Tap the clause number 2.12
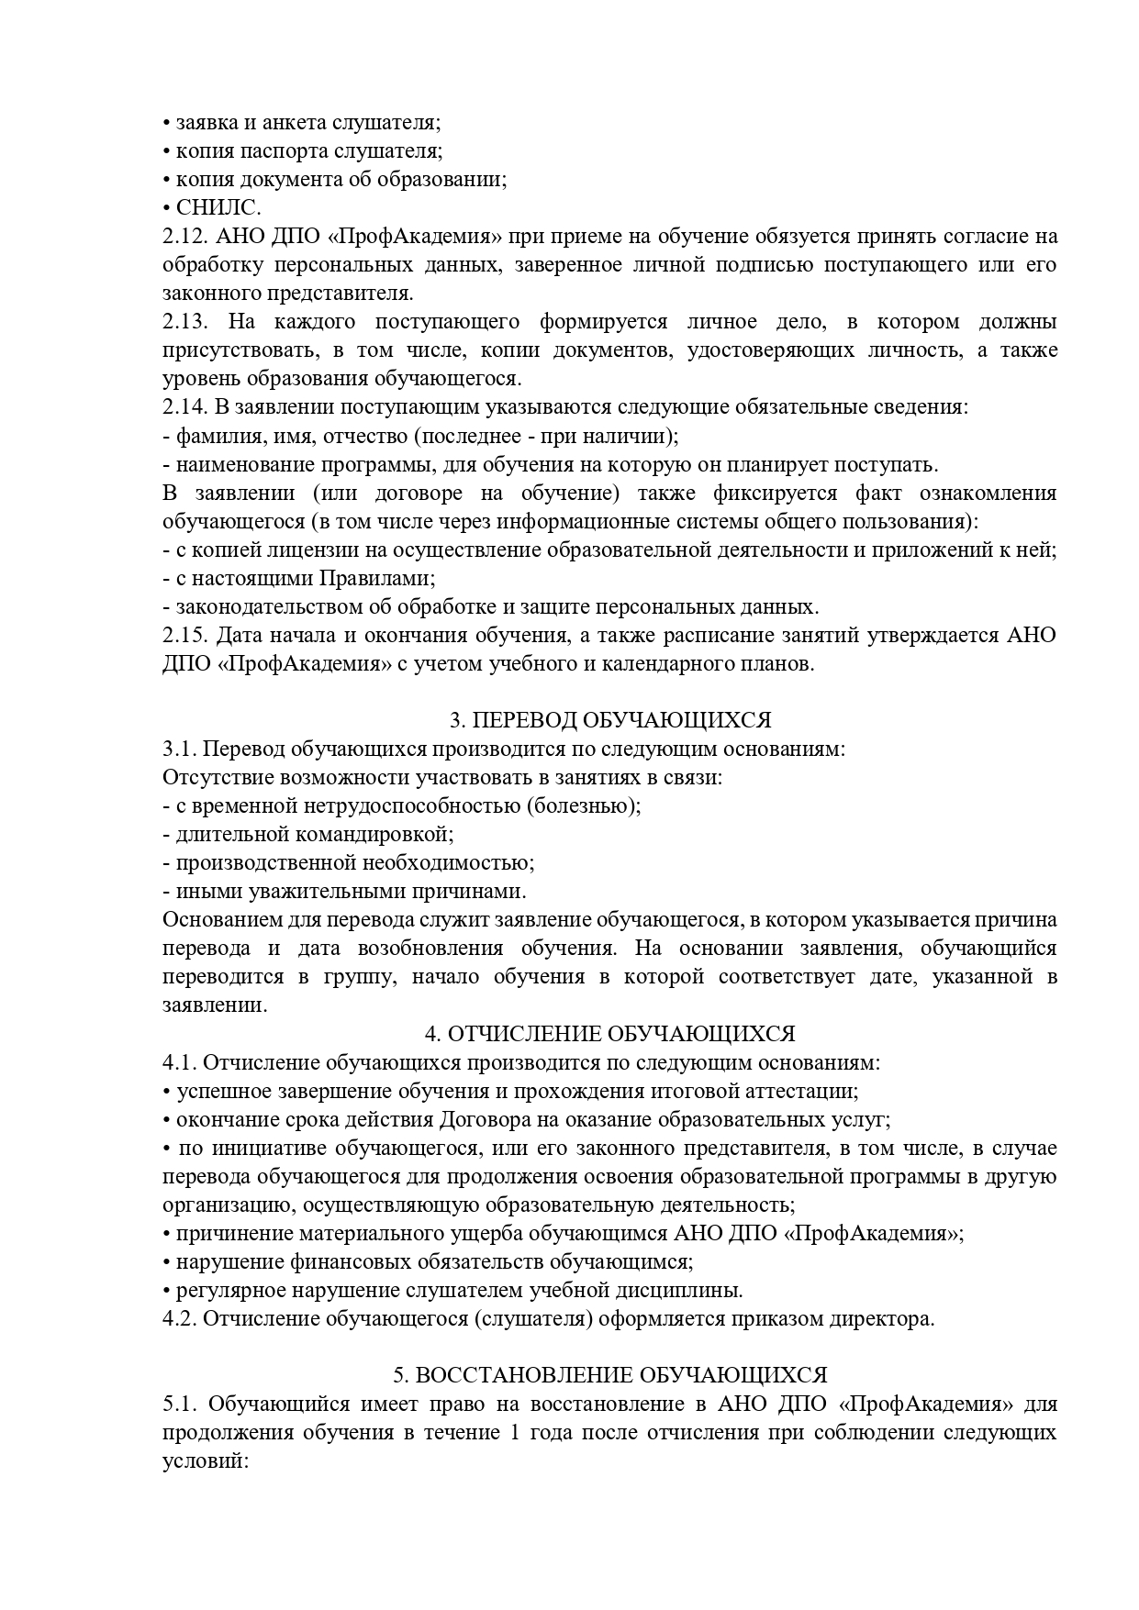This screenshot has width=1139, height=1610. click(184, 237)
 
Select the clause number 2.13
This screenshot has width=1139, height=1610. click(184, 322)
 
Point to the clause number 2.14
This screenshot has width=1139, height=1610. click(184, 407)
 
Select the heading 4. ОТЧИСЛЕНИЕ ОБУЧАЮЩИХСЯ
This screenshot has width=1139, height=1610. click(609, 1034)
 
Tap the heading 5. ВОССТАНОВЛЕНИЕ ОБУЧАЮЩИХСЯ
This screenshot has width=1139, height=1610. click(609, 1375)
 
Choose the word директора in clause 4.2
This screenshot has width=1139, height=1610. click(888, 1319)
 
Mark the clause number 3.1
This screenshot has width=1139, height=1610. click(179, 749)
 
